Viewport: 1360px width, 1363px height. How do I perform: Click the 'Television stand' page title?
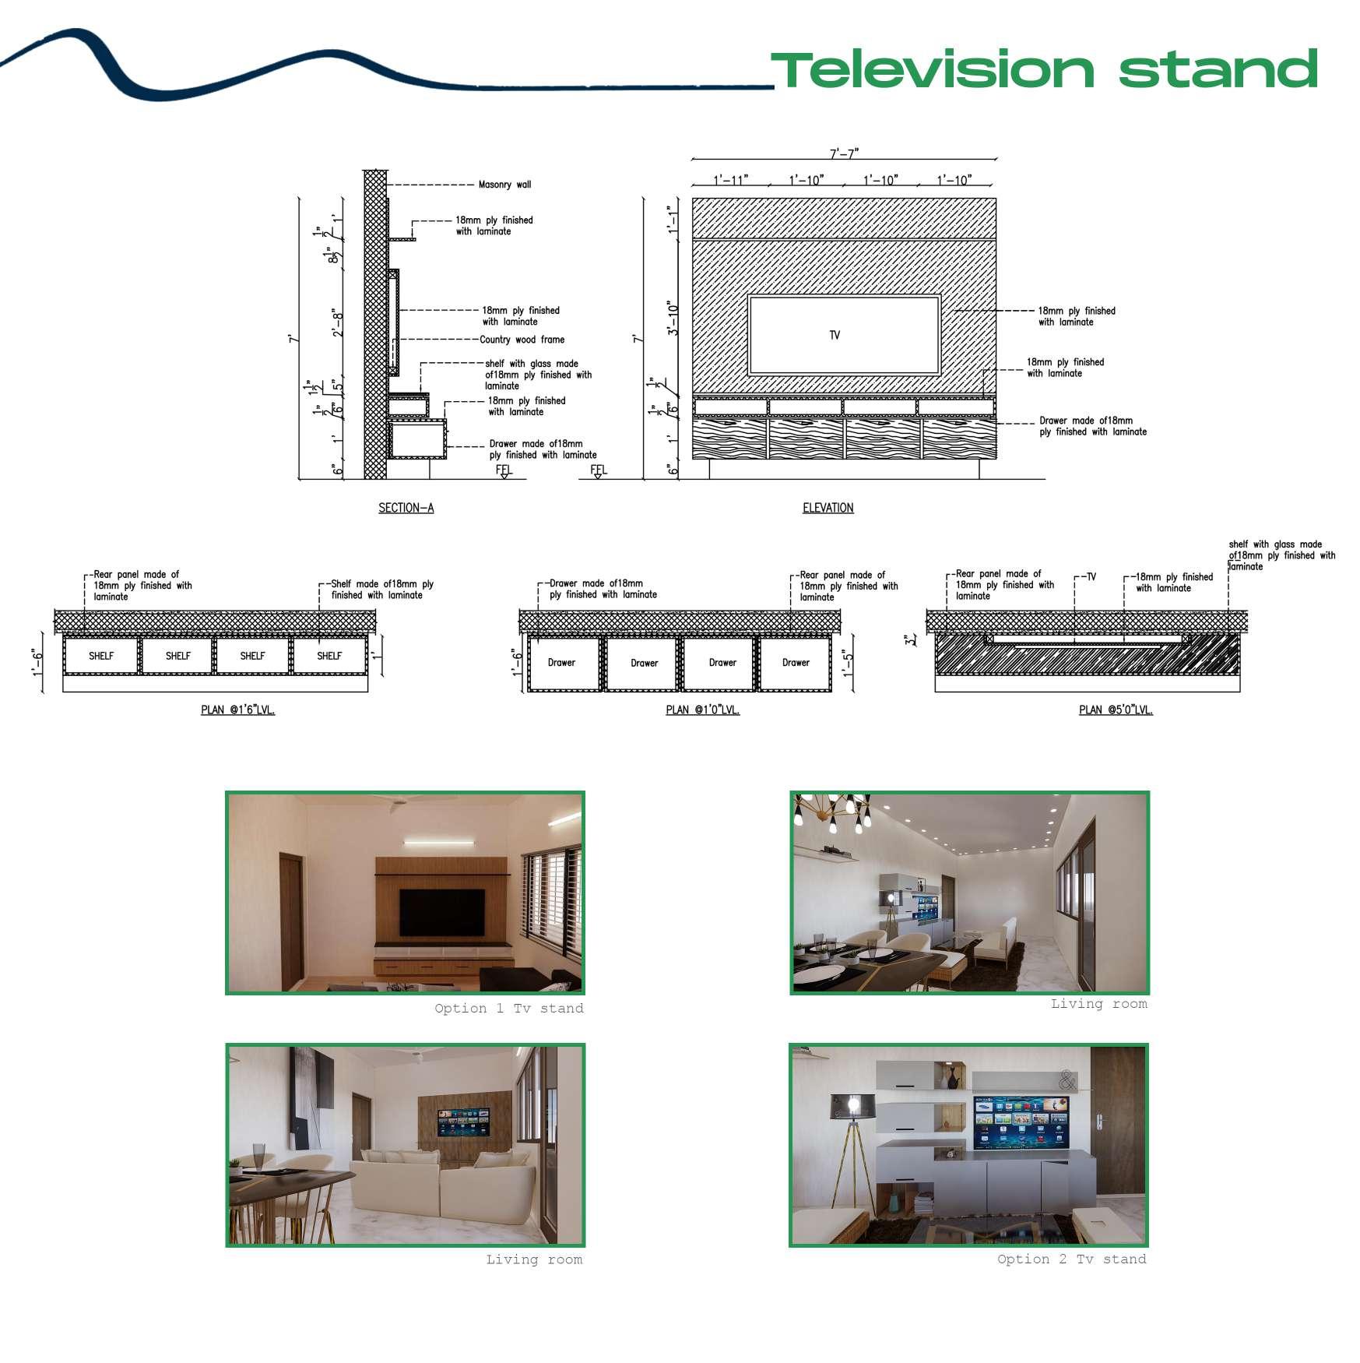(x=1043, y=69)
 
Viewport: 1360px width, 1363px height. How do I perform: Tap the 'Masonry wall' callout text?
(x=504, y=185)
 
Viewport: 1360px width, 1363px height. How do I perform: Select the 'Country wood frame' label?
(x=522, y=340)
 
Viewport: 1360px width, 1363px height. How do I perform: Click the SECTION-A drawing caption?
(x=406, y=508)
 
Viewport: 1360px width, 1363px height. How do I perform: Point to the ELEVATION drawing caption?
(x=828, y=508)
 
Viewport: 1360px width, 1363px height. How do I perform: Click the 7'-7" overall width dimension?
(x=844, y=153)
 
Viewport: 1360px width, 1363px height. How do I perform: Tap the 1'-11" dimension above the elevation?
(x=730, y=180)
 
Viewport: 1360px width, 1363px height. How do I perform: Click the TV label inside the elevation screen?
(x=835, y=335)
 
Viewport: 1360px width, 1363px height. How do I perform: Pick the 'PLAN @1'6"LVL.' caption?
(x=237, y=710)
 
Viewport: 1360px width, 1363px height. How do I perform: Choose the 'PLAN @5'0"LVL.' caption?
(x=1116, y=710)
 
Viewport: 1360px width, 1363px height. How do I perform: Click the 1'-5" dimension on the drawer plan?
(x=848, y=664)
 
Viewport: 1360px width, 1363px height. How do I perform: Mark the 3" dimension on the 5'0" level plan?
(x=911, y=640)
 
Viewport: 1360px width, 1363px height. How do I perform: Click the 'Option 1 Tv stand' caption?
(x=508, y=1009)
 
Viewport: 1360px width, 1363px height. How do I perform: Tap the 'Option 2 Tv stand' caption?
(x=1071, y=1259)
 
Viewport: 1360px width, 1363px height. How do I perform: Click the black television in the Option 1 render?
(x=441, y=912)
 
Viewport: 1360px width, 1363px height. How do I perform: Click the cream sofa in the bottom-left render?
(x=444, y=1185)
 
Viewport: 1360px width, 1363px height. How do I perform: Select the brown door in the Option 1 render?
(x=291, y=920)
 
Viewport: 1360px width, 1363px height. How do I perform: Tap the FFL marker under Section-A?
(x=504, y=470)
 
